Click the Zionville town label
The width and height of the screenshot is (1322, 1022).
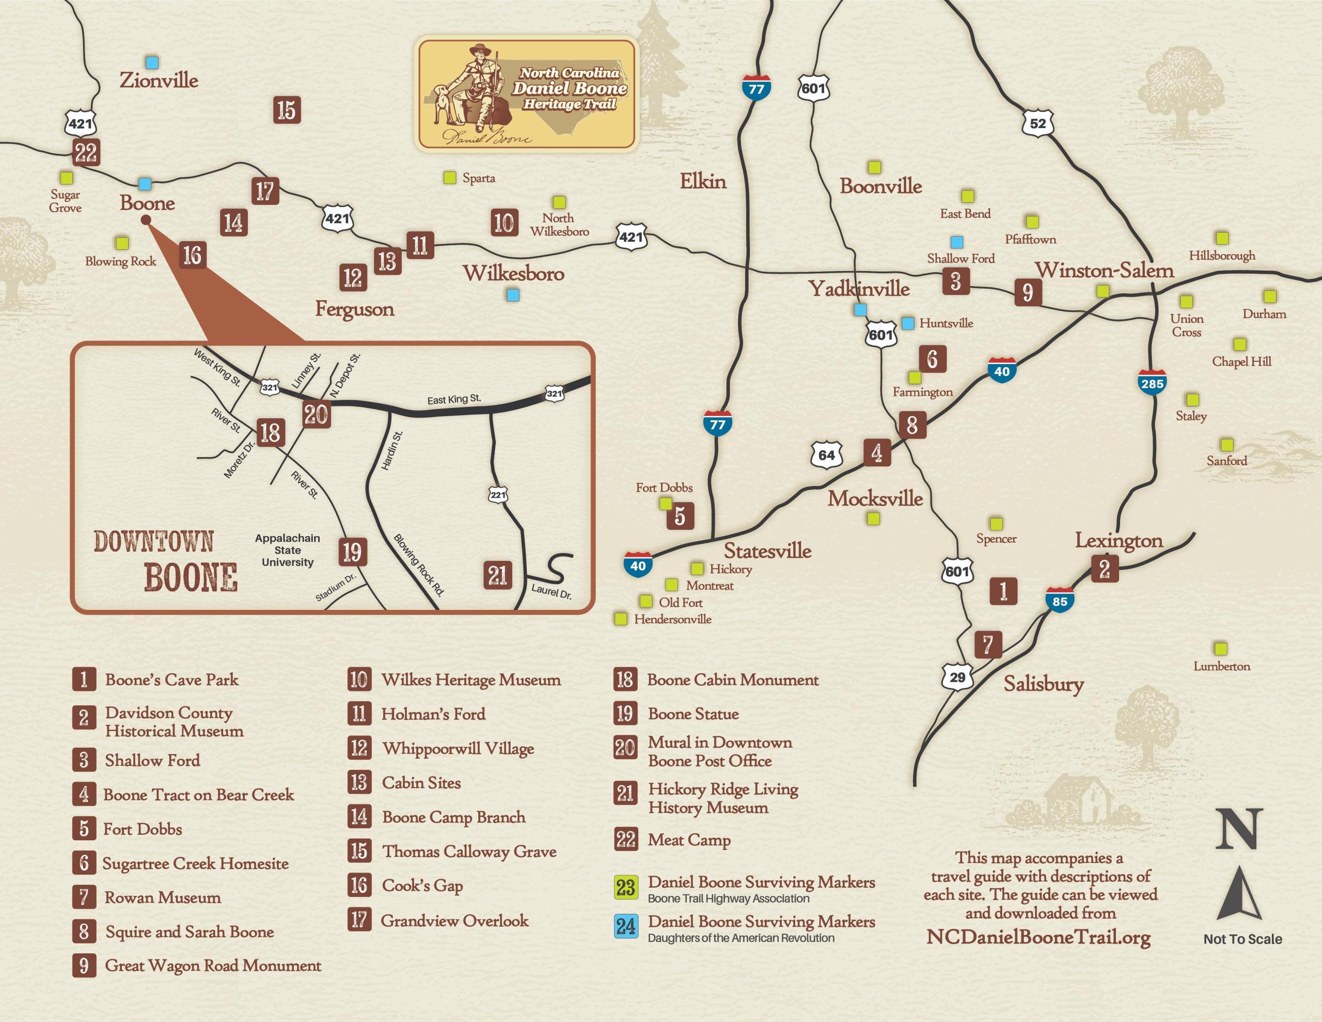(x=159, y=80)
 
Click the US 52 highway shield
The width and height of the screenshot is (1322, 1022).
(x=1037, y=123)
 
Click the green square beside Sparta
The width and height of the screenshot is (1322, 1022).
(x=449, y=178)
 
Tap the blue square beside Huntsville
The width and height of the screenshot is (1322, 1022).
(x=907, y=323)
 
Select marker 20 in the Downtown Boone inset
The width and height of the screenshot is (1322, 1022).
(x=316, y=415)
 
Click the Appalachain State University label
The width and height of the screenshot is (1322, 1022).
(x=288, y=550)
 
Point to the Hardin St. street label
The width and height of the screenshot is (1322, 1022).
(x=391, y=450)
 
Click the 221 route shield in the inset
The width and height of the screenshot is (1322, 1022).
(x=498, y=495)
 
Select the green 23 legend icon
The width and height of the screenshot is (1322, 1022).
(x=625, y=888)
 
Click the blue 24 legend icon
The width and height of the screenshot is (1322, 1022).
(x=625, y=926)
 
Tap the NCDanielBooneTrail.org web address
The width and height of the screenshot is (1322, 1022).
(x=1038, y=937)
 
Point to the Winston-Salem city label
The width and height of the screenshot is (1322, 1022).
(x=1104, y=270)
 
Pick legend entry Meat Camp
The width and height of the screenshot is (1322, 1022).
(x=689, y=840)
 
